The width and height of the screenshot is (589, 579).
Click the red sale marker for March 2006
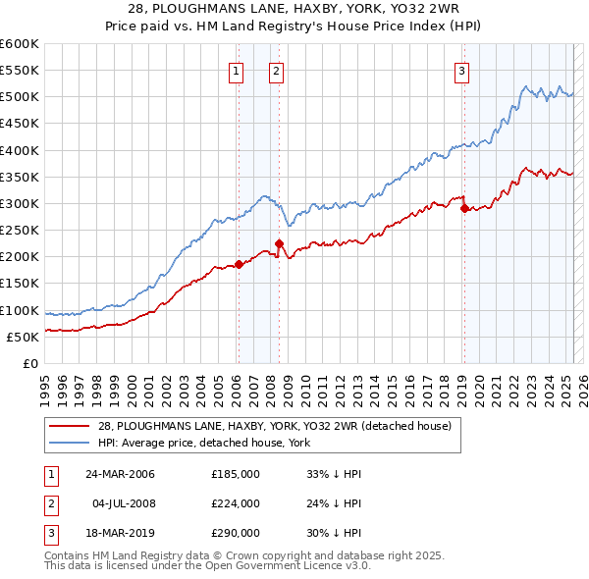click(x=239, y=264)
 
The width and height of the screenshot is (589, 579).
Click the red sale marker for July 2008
click(x=279, y=243)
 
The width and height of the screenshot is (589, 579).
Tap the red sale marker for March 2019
click(x=464, y=208)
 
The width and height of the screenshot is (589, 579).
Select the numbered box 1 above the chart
click(x=238, y=71)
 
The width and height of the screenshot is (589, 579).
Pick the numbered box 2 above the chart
click(x=277, y=71)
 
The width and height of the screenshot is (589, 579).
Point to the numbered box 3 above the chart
click(x=461, y=71)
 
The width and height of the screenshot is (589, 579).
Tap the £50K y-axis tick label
click(x=23, y=337)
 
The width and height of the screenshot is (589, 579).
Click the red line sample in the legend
click(x=69, y=426)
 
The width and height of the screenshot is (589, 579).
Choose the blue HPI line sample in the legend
click(x=69, y=443)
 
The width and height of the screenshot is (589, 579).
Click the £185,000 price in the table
click(x=235, y=474)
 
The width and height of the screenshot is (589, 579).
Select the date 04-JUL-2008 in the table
click(x=123, y=503)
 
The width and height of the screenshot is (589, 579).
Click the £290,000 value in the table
click(x=235, y=533)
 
